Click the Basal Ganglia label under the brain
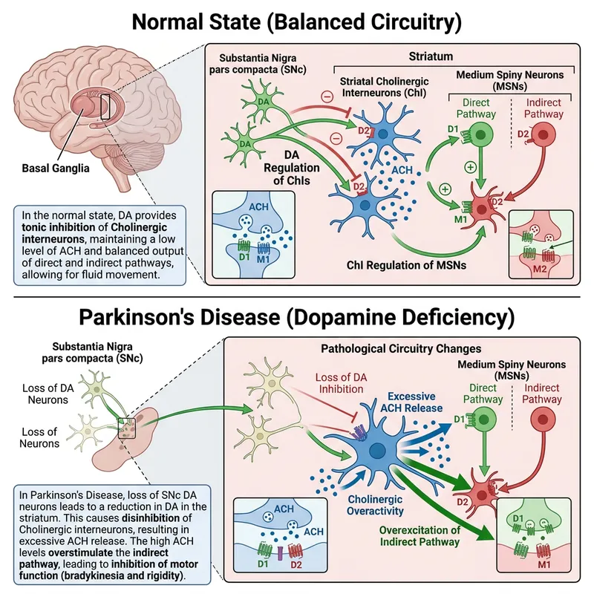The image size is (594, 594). [56, 168]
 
